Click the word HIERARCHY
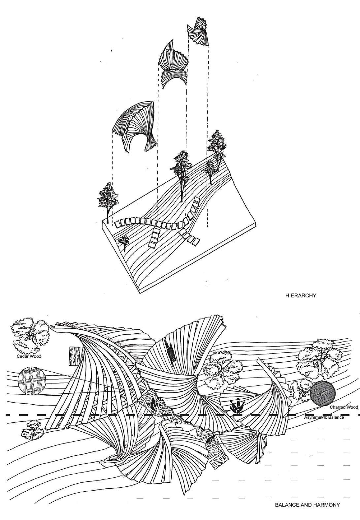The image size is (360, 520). [301, 296]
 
